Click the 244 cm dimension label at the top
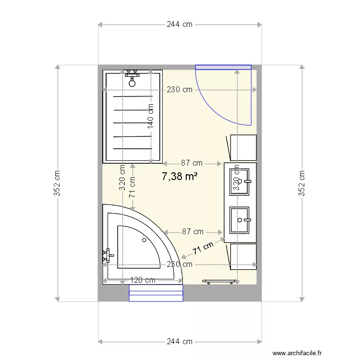[180, 24]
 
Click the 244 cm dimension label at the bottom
[180, 342]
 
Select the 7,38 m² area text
[180, 177]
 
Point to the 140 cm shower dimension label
[150, 117]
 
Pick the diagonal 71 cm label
[203, 248]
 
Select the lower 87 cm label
[192, 232]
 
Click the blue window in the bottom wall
[156, 293]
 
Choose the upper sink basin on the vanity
[240, 181]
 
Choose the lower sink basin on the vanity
[240, 220]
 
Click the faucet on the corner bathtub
[107, 255]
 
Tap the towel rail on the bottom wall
[220, 280]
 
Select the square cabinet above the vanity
[243, 147]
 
